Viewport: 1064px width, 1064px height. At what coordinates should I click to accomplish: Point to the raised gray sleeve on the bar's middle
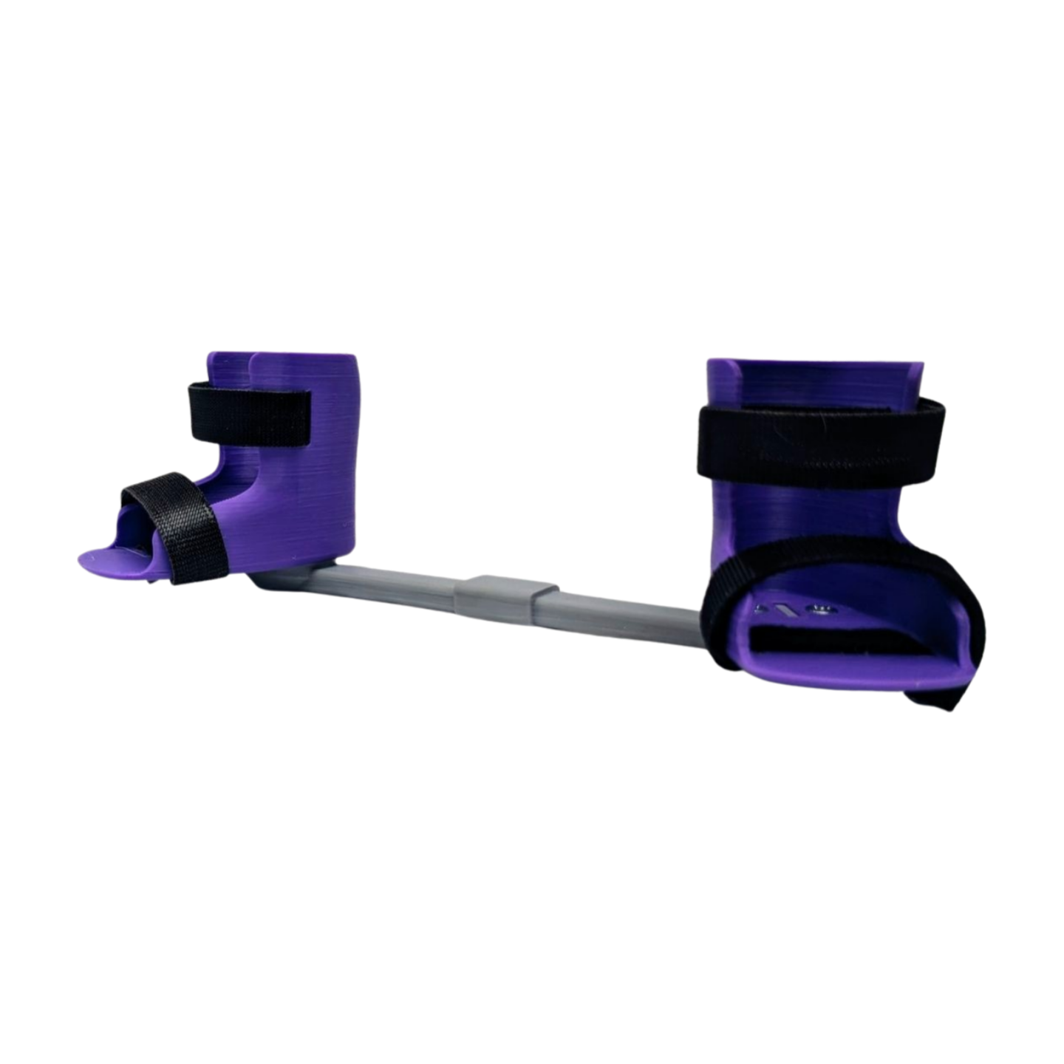(x=507, y=596)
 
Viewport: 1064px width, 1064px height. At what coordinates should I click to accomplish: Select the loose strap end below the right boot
(x=942, y=695)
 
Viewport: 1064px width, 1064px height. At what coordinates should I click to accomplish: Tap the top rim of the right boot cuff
(x=813, y=363)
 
